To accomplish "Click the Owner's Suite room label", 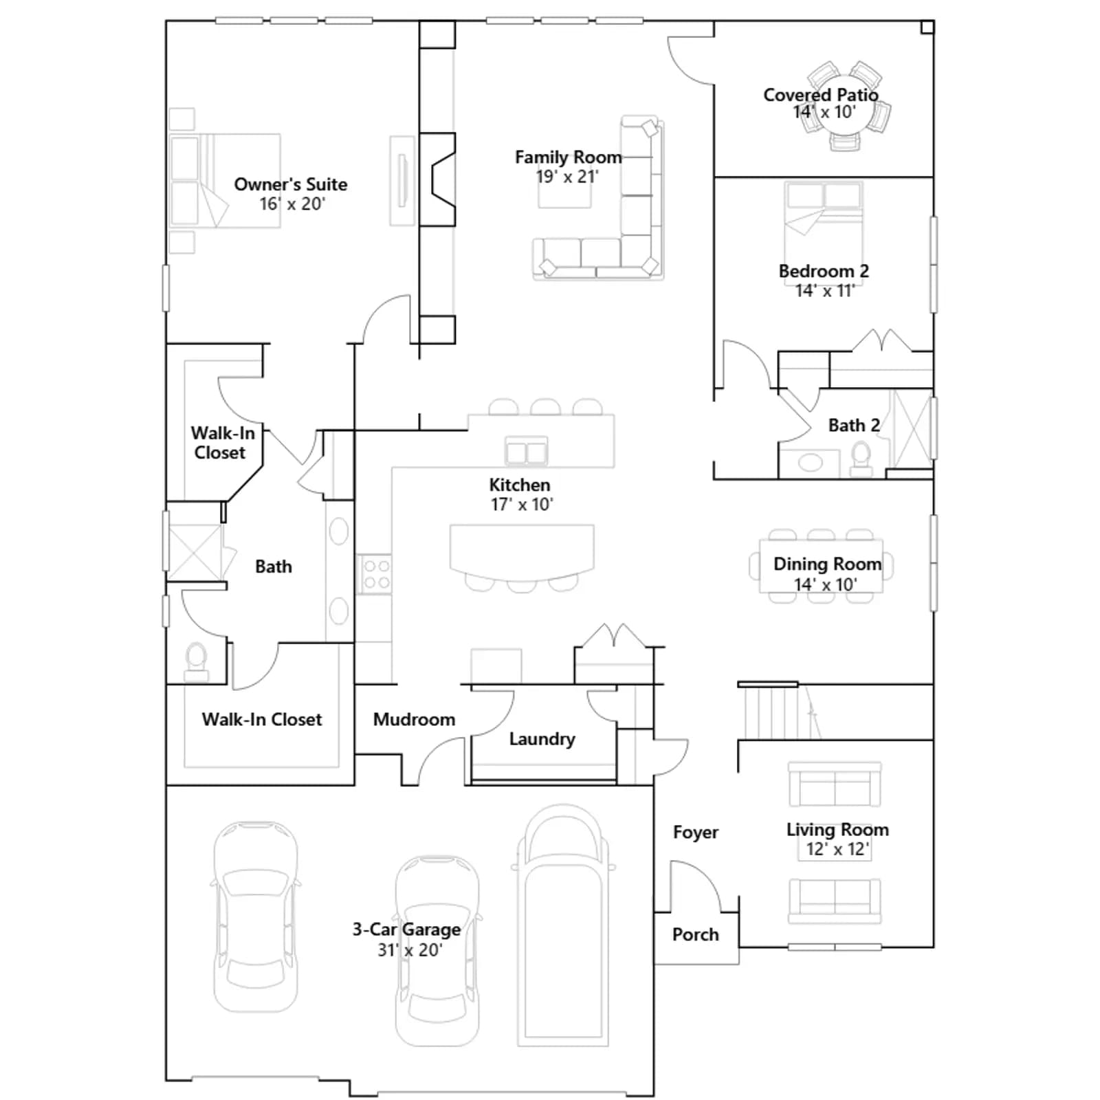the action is click(290, 184).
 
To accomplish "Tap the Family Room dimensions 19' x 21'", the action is click(567, 177).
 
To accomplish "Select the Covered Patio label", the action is click(821, 95).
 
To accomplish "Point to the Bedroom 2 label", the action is click(824, 271).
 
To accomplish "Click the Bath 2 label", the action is click(854, 426).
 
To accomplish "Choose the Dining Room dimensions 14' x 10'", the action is click(826, 584).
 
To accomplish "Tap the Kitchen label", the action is click(520, 485).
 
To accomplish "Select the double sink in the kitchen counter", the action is click(526, 452).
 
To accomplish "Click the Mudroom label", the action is click(414, 719).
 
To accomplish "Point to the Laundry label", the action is click(542, 739).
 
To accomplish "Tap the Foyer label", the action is click(696, 832).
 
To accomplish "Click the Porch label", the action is click(696, 934).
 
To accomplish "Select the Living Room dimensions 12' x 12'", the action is click(837, 849).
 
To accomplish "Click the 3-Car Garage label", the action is click(406, 929).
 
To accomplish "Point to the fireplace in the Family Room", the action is click(437, 179).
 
